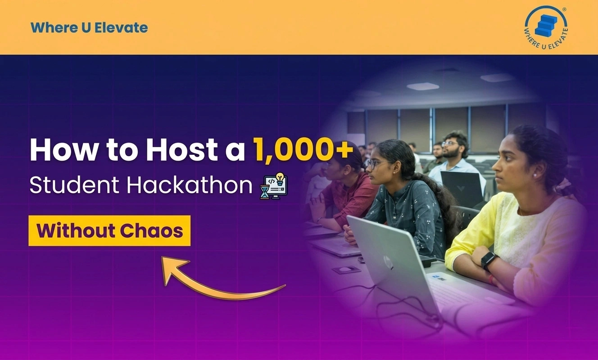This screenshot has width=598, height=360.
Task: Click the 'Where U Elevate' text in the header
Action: coord(89,28)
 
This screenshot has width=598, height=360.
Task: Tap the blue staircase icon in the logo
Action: coord(546,25)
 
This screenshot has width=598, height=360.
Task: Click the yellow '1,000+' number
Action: coord(303,149)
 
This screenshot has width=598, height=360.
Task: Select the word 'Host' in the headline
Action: coord(182,149)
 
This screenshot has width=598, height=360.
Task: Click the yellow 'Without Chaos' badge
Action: coord(109,230)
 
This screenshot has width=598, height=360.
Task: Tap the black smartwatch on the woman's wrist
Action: coord(489,260)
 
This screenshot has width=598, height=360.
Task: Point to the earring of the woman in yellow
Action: coord(535,175)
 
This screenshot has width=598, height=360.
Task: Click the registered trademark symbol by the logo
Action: coord(564,9)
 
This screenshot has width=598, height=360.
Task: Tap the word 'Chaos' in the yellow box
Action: coord(151,230)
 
